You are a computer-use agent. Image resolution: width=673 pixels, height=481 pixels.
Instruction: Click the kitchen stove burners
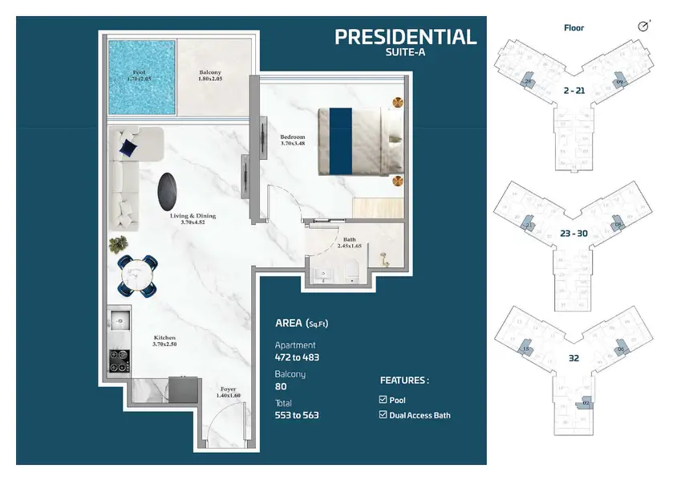119,361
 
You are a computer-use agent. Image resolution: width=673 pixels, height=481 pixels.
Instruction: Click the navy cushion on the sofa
128,147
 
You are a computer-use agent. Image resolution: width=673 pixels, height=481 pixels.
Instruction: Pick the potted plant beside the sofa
117,243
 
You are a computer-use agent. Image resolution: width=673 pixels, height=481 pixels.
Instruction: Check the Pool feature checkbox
383,400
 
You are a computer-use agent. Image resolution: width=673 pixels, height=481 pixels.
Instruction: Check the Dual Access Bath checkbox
383,415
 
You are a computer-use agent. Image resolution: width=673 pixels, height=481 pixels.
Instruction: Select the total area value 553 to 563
297,415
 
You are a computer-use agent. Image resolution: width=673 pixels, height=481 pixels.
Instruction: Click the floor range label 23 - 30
574,234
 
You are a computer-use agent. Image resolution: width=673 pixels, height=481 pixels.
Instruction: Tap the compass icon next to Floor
643,27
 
